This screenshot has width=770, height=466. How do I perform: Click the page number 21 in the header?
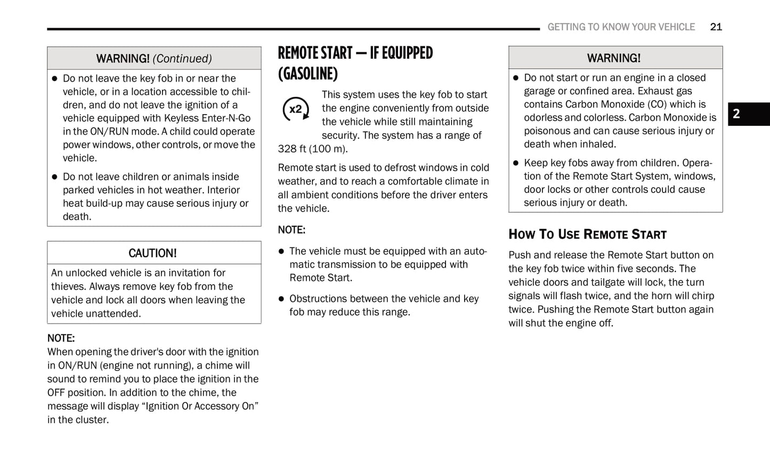click(x=716, y=27)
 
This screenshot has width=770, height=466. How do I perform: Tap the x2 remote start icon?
click(x=296, y=109)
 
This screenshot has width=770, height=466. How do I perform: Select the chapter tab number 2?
click(x=736, y=114)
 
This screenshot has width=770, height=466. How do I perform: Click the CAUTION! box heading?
click(x=152, y=253)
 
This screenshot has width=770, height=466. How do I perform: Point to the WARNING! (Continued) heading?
click(x=154, y=59)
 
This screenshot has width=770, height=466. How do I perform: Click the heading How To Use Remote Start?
click(x=587, y=235)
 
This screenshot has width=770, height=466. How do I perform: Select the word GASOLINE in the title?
click(x=307, y=74)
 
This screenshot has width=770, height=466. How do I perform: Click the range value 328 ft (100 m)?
click(x=312, y=149)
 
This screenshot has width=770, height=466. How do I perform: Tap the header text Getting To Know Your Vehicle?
click(x=621, y=27)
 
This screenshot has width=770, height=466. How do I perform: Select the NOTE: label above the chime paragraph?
click(x=61, y=338)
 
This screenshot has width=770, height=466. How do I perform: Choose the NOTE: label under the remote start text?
click(x=291, y=230)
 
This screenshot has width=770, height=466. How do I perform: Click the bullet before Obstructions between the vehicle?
click(x=281, y=299)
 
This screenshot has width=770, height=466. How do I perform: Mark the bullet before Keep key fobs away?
click(x=515, y=163)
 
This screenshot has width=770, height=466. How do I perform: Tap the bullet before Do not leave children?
click(x=54, y=177)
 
